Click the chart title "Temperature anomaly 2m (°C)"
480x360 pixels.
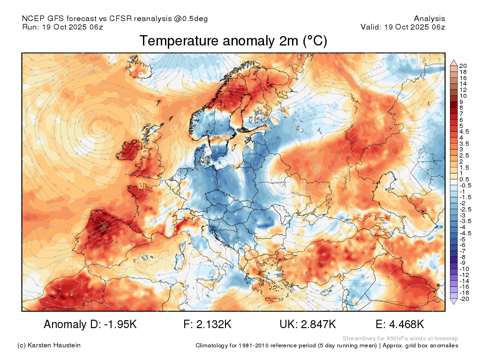click(x=233, y=41)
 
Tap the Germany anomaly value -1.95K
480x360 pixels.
click(x=120, y=324)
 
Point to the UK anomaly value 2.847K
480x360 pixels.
click(x=318, y=324)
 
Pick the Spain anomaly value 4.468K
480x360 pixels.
click(x=406, y=324)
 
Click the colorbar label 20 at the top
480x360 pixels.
click(x=463, y=66)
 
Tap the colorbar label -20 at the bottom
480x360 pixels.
click(x=464, y=299)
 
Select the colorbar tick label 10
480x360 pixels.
click(x=463, y=96)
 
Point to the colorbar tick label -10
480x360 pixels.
click(x=464, y=269)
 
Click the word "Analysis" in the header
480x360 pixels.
click(x=429, y=19)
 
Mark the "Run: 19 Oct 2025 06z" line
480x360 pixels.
click(x=62, y=27)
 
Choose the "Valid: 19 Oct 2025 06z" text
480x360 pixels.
click(x=403, y=27)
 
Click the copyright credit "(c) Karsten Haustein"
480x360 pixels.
click(x=49, y=345)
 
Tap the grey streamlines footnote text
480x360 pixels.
click(x=400, y=338)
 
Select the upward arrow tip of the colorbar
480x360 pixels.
click(x=454, y=60)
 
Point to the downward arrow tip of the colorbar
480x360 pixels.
click(x=454, y=304)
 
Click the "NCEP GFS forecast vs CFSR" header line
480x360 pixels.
click(x=115, y=19)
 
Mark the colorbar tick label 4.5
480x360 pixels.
click(x=464, y=132)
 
